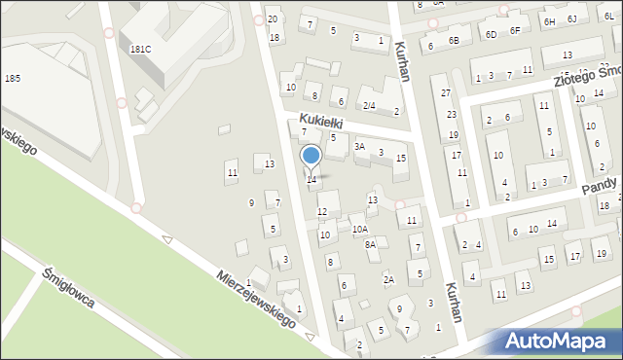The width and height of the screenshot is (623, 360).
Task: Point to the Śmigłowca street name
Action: coord(68,287)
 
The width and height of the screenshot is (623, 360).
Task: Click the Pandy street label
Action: coord(601,186)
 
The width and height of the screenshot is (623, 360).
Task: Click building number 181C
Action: coord(140,49)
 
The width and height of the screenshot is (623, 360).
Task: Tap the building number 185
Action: coord(13,77)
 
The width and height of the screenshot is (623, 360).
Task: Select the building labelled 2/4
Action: coord(369,105)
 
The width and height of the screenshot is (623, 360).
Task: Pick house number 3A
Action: coord(359,147)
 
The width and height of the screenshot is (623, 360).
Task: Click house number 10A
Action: coord(360,229)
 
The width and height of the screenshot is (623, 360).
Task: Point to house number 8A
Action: coord(370,245)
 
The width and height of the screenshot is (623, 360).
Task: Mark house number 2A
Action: coord(388,280)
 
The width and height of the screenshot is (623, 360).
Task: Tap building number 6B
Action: coord(453,40)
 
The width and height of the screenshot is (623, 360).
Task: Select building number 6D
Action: coord(491,34)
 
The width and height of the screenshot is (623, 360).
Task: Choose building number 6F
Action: coord(515,30)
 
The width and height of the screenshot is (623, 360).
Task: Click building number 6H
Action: coord(549,20)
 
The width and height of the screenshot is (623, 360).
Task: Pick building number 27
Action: coord(445,93)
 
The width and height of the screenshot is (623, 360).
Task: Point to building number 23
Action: coord(452,116)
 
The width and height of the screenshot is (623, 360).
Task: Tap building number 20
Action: coord(273,19)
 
